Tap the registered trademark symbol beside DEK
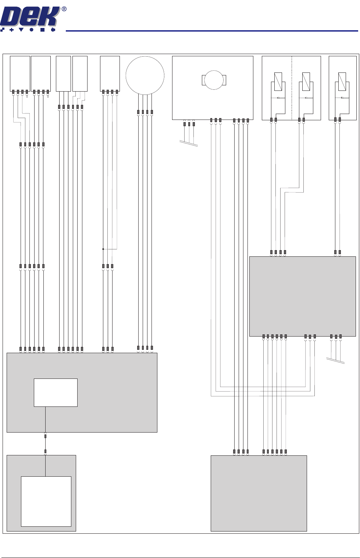point(64,9)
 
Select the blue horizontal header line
point(211,31)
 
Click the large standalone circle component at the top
point(145,75)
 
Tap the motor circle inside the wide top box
point(214,79)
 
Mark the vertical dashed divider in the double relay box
point(292,88)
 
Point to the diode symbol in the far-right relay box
point(342,97)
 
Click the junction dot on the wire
point(103,249)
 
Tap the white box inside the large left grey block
point(56,392)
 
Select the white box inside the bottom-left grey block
point(46,501)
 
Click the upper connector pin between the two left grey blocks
point(45,436)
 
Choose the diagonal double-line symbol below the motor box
point(189,143)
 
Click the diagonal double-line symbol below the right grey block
point(335,361)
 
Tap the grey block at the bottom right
point(259,493)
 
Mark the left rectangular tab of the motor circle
point(203,80)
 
